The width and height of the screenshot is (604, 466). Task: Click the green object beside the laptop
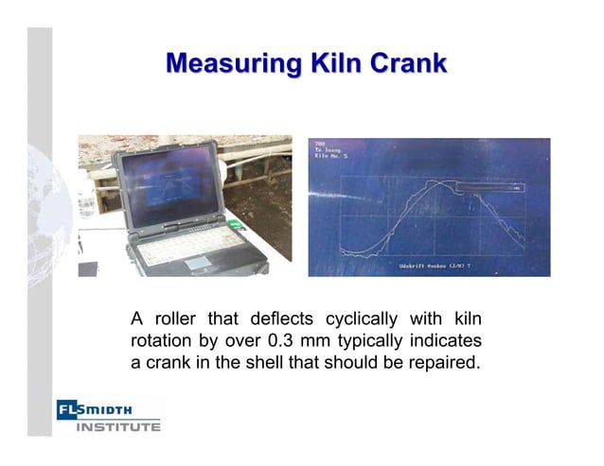point(233,225)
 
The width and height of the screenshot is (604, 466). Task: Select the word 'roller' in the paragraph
point(180,319)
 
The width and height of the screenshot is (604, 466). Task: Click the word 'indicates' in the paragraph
point(447,340)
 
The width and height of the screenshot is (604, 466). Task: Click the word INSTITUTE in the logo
point(118,426)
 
